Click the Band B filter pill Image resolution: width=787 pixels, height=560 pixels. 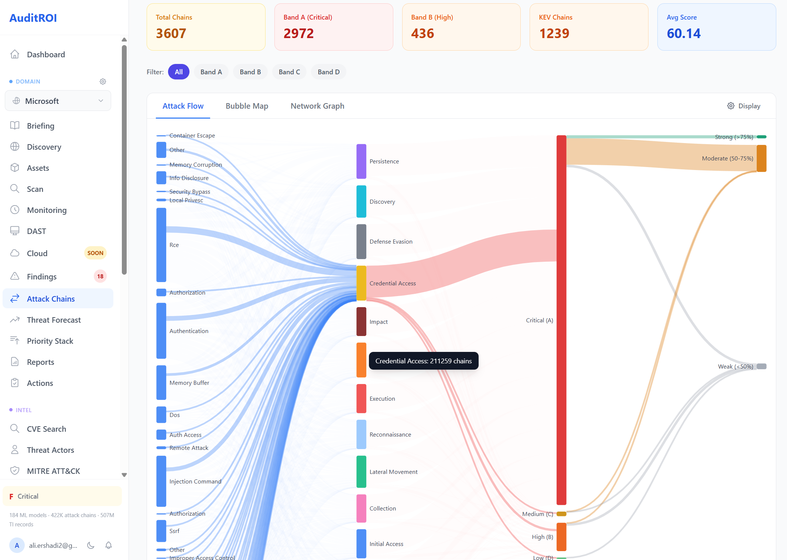pos(250,72)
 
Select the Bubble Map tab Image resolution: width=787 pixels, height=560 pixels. pos(247,106)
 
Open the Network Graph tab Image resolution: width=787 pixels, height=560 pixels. pos(317,106)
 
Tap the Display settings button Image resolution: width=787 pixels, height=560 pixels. pos(743,106)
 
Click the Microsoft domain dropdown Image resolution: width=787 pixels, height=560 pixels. pos(58,101)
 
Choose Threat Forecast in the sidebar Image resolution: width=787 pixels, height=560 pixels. pos(54,320)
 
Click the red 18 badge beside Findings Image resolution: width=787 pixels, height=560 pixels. pos(100,276)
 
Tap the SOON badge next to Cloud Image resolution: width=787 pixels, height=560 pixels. pos(95,253)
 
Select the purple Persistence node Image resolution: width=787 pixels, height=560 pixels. pos(361,161)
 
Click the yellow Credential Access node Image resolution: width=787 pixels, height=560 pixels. pos(361,283)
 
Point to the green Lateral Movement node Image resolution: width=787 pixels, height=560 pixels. pos(361,472)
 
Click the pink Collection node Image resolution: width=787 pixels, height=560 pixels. pos(361,508)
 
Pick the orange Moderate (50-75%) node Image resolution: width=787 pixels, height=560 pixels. pos(761,158)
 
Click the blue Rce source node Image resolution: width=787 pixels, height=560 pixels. pos(161,245)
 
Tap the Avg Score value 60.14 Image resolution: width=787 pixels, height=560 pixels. pos(684,34)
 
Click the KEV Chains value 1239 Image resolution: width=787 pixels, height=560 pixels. pos(554,34)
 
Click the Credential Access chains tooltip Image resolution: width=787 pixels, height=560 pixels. pos(423,361)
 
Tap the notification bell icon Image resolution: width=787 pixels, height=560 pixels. pos(109,545)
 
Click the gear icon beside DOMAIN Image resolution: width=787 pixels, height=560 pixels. pos(103,81)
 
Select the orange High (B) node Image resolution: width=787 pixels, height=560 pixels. pos(561,537)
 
